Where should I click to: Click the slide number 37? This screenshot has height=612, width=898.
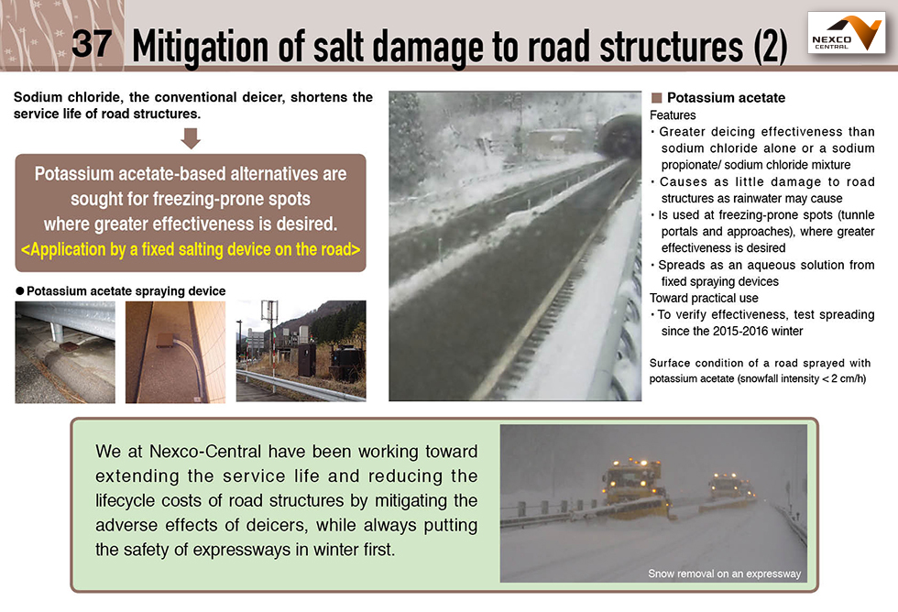[92, 43]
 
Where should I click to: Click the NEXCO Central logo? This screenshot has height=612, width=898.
[846, 33]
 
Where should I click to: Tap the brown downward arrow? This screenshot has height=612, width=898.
[191, 138]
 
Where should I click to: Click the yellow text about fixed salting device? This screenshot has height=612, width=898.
[191, 249]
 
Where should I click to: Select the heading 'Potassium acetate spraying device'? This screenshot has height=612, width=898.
[126, 290]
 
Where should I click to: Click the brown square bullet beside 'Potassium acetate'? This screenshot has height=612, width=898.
[656, 98]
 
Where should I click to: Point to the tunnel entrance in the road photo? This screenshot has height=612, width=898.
[619, 137]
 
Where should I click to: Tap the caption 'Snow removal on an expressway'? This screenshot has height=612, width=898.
[724, 574]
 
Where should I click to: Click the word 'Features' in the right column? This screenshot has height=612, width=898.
[673, 115]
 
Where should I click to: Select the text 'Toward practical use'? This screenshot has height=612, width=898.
[704, 298]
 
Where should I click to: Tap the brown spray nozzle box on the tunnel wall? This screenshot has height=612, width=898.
[167, 340]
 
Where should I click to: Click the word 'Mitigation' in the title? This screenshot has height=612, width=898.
[200, 47]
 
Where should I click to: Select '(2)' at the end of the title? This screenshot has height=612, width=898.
[771, 47]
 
